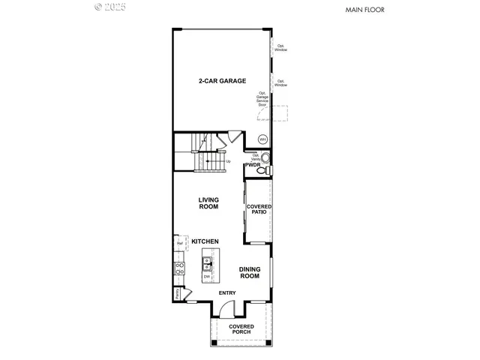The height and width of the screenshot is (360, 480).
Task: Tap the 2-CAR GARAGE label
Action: click(222, 80)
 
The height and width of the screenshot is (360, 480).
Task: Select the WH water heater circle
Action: click(262, 139)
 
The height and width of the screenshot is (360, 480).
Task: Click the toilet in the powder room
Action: click(262, 171)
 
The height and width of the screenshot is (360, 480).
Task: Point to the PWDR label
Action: click(252, 164)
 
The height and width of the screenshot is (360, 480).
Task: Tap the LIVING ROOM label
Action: click(208, 203)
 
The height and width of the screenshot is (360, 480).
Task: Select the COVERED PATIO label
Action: click(259, 209)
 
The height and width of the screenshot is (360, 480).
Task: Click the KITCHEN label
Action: click(205, 241)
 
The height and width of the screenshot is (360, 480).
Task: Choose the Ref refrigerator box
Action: click(180, 244)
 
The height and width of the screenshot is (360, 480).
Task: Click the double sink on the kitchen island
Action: click(206, 264)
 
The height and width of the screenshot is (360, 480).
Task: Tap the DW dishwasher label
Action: click(206, 277)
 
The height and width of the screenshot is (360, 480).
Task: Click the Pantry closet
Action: click(178, 294)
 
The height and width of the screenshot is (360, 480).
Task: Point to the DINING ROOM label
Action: click(250, 273)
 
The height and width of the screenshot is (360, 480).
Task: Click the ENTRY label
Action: click(226, 292)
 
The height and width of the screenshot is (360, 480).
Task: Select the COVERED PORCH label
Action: click(241, 330)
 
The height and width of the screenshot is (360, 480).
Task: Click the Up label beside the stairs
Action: click(228, 161)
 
